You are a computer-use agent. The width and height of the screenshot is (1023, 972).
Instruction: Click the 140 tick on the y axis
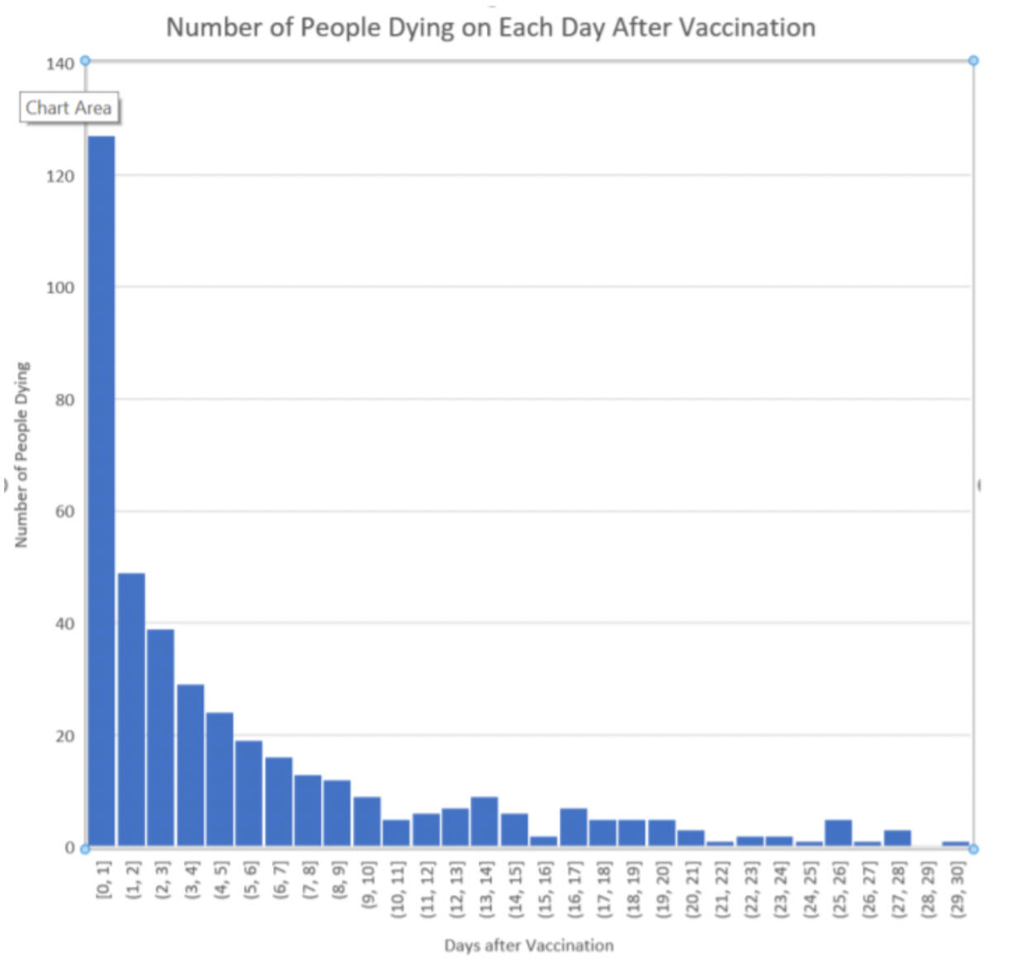(60, 64)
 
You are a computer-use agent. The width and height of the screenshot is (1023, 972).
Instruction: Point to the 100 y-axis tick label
(60, 288)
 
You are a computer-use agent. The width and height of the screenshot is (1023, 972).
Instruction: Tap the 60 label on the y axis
(64, 512)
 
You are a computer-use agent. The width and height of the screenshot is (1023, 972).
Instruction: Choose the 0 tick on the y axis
(69, 848)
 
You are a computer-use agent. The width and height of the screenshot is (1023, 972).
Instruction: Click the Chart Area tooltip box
(69, 108)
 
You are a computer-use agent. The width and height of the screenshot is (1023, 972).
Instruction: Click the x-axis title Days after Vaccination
(529, 946)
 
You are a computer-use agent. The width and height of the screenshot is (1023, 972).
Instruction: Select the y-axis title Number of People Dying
(22, 455)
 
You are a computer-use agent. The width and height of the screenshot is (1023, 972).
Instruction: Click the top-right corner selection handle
(973, 60)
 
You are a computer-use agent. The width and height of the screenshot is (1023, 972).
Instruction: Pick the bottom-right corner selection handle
(973, 849)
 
